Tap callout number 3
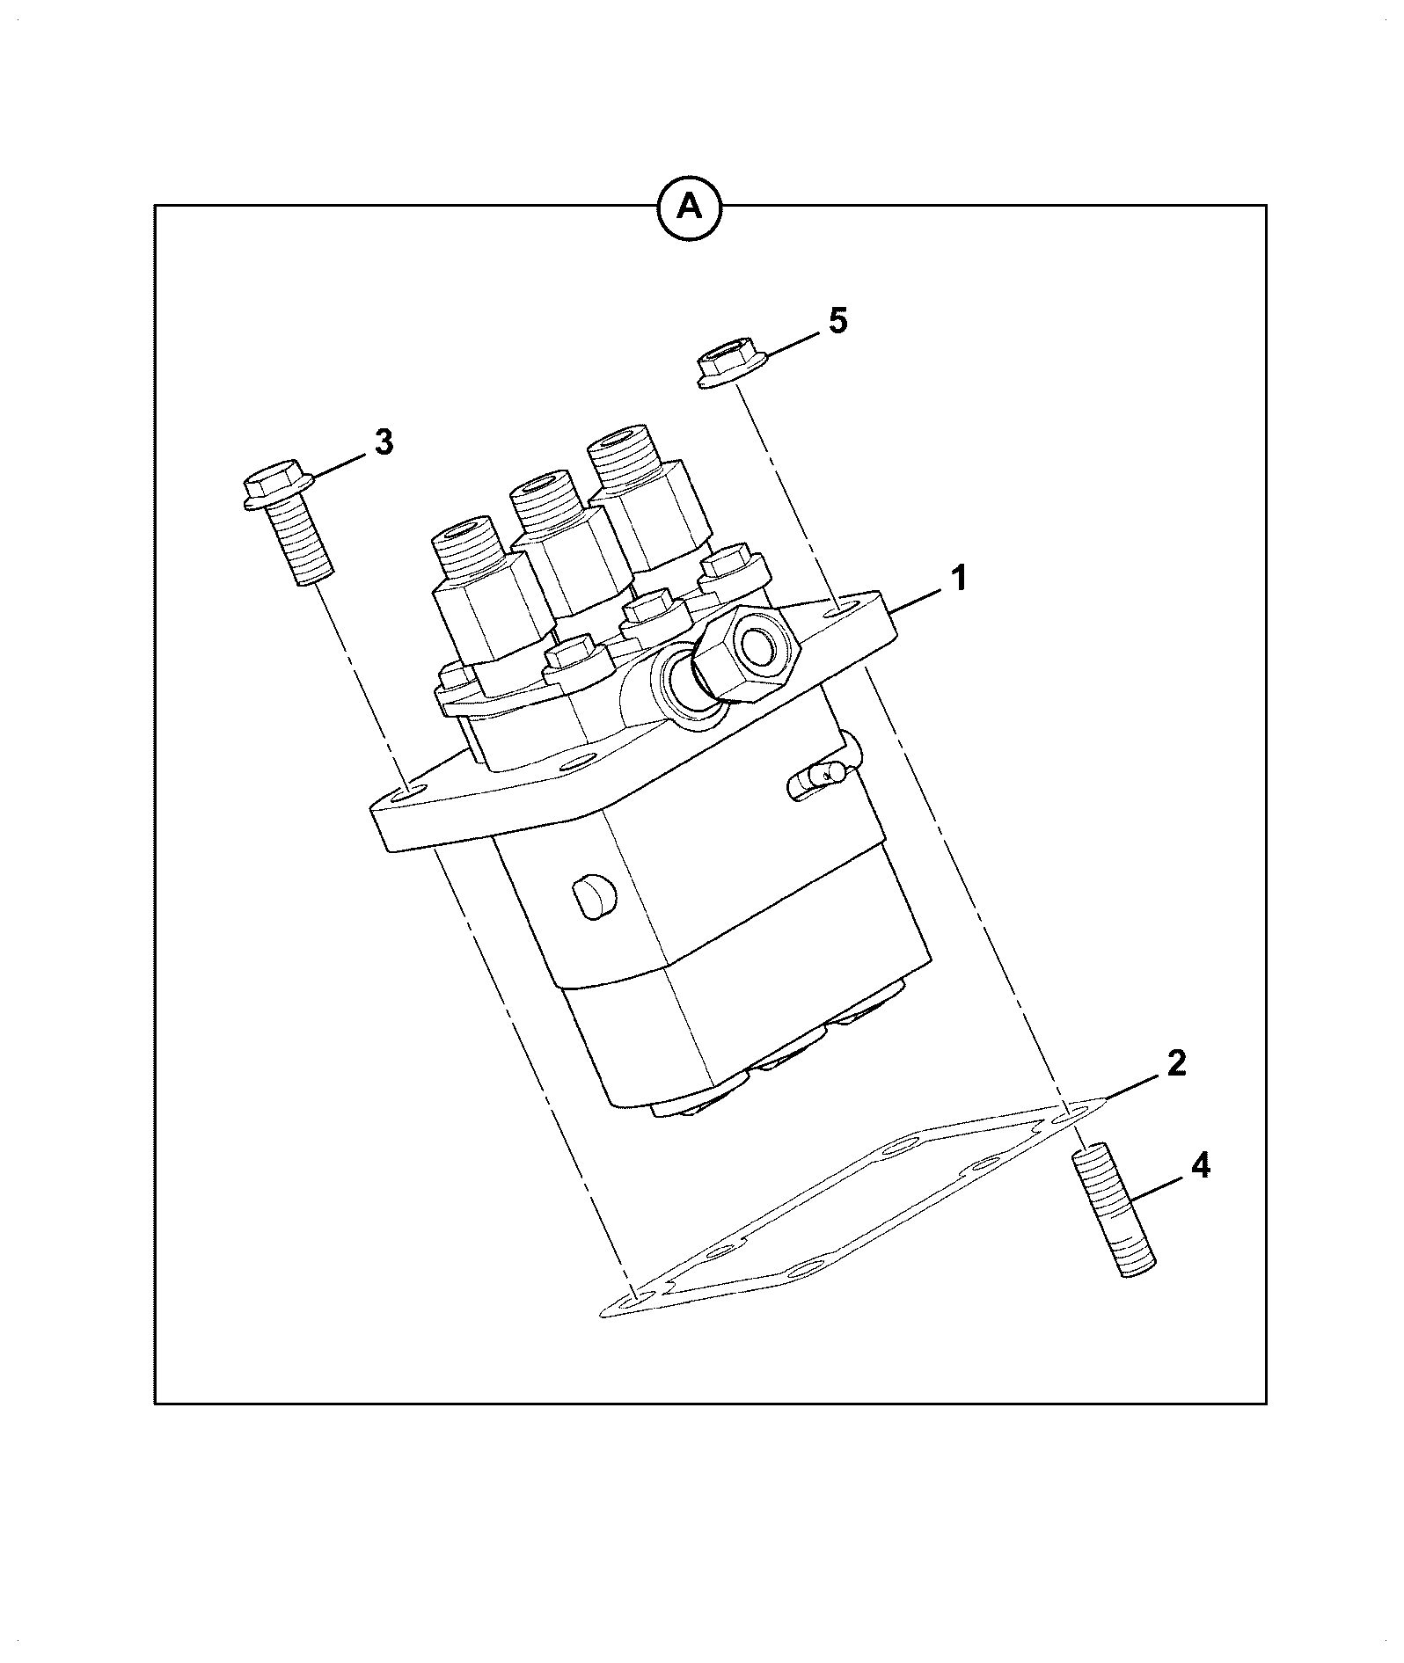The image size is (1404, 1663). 384,441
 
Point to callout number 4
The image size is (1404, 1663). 1200,1166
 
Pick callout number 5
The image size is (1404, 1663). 838,321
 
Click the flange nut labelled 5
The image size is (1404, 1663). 732,368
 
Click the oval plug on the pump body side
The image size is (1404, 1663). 595,899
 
